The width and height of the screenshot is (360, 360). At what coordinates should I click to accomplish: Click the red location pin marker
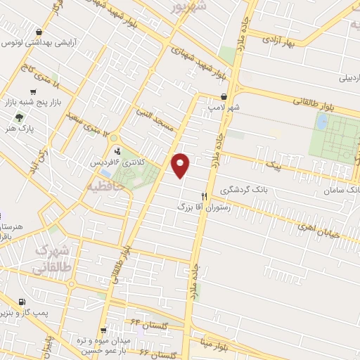point(181,165)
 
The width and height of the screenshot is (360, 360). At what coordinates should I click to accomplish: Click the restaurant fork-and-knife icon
point(204,196)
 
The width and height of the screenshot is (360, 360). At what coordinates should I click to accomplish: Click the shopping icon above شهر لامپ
point(224,97)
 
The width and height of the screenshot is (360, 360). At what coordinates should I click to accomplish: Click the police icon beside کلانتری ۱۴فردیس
point(117,150)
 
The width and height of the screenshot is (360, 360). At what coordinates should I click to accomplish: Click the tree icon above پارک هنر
point(18,117)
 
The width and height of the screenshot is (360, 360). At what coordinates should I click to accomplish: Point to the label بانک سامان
point(342,191)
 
